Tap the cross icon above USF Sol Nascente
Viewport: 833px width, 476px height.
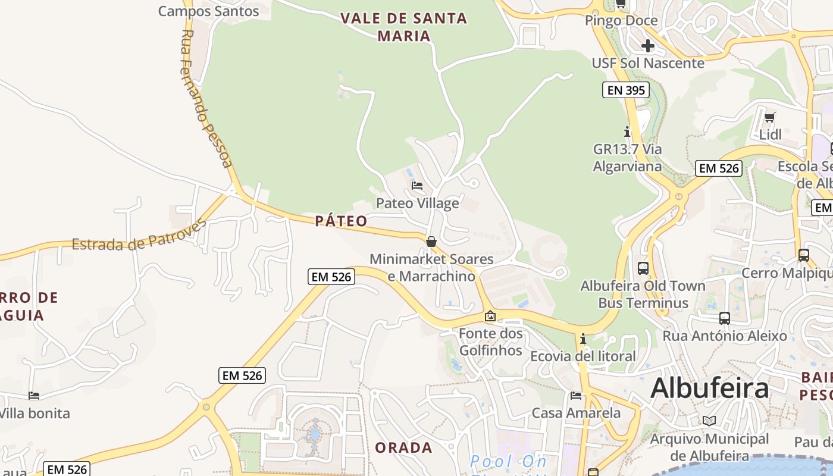pos(648,46)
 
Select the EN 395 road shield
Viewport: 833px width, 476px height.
pos(625,90)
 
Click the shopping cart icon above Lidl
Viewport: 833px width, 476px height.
pos(770,117)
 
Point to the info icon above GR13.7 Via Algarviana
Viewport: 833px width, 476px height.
pos(627,131)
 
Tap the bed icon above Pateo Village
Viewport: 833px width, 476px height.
pos(417,186)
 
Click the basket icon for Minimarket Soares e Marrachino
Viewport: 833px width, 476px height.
pos(431,242)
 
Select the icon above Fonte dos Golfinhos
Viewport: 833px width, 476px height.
pos(490,316)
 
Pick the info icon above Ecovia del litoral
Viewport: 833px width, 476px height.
pos(583,339)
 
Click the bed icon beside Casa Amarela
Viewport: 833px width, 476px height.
pos(575,396)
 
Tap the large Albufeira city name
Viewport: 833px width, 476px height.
pos(709,389)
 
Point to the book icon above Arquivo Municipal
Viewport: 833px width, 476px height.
pos(709,421)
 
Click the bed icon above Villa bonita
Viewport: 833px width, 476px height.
pos(34,396)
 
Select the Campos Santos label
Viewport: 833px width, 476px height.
pos(208,11)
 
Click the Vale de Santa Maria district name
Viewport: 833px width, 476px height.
pos(404,27)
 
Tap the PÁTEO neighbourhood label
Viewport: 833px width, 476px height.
pos(341,221)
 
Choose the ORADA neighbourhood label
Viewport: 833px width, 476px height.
pos(403,447)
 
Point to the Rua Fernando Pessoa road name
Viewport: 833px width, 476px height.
pos(205,98)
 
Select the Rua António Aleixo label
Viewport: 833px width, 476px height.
pos(725,336)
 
